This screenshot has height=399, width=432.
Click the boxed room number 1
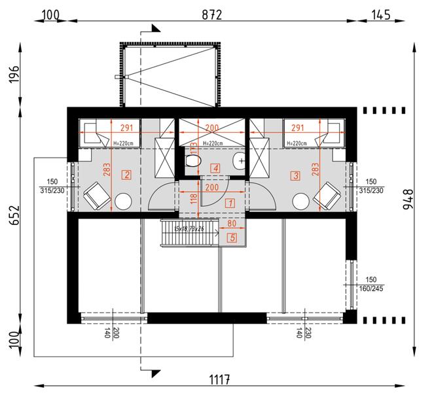pyautogui.click(x=229, y=203)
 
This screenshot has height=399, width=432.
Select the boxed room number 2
pyautogui.click(x=126, y=175)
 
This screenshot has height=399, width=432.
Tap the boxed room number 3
pyautogui.click(x=296, y=175)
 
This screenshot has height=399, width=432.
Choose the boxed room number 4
pyautogui.click(x=215, y=168)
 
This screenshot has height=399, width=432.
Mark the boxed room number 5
pyautogui.click(x=232, y=238)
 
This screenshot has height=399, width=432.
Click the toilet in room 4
pyautogui.click(x=192, y=161)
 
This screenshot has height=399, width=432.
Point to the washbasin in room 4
pyautogui.click(x=240, y=160)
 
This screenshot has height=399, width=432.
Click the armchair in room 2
pyautogui.click(x=94, y=195)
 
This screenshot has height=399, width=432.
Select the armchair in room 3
pyautogui.click(x=327, y=195)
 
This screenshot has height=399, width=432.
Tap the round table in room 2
pyautogui.click(x=123, y=201)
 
